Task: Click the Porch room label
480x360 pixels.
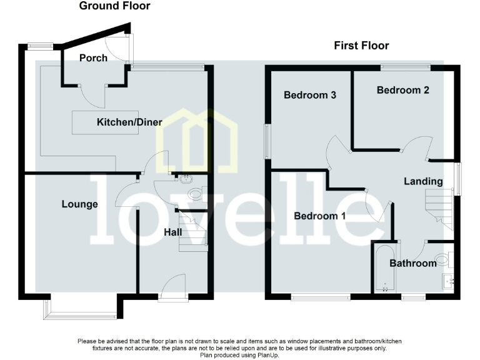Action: [x=93, y=58]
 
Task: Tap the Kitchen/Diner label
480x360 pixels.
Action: [x=129, y=122]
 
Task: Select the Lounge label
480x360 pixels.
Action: [x=79, y=204]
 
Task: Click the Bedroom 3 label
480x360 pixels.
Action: [x=310, y=95]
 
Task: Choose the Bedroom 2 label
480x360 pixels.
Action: [x=402, y=90]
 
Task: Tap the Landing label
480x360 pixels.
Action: [x=423, y=181]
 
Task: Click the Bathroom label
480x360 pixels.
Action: [x=412, y=263]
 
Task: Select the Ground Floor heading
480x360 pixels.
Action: [x=114, y=6]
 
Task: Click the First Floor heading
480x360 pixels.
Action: [x=361, y=46]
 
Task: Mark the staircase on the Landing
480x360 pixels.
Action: [x=437, y=206]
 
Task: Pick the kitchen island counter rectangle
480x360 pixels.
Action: [x=94, y=122]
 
